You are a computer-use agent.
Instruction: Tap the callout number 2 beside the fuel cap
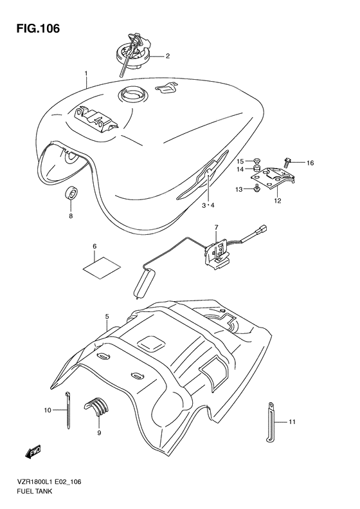167,56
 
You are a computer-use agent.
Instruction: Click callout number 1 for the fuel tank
85,74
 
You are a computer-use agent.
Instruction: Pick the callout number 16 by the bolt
310,163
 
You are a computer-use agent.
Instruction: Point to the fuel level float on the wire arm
143,284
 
